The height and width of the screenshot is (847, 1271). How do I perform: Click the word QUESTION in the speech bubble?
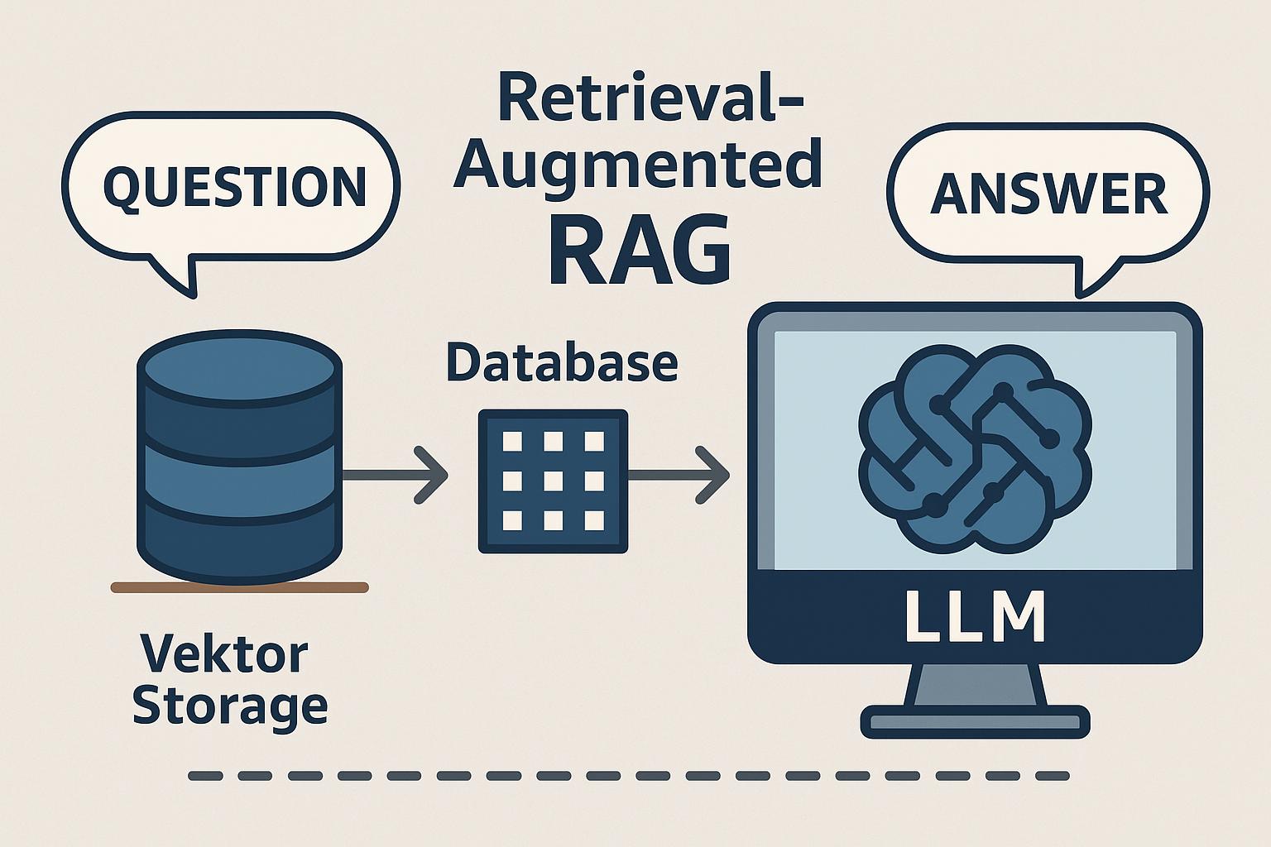pos(234,186)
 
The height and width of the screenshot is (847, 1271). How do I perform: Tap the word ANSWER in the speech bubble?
pos(1048,194)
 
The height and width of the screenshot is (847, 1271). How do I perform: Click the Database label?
pos(562,363)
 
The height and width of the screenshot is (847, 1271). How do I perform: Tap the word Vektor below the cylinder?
pos(224,654)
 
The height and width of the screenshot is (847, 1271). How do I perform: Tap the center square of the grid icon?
pos(553,481)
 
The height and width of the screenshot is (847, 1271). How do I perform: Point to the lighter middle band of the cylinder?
pos(238,484)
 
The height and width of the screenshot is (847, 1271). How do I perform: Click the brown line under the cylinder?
pos(239,587)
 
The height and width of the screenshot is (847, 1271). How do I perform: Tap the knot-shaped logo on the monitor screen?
pos(974,447)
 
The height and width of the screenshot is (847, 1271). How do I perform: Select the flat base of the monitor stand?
pos(974,722)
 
